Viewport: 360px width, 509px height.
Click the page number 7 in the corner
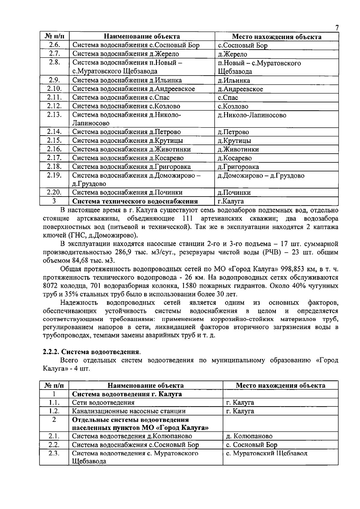337,28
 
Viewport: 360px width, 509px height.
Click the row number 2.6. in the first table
55,45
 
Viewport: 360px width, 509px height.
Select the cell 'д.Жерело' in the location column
232,54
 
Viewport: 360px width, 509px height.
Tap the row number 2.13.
55,115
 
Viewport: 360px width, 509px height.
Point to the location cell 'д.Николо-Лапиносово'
252,115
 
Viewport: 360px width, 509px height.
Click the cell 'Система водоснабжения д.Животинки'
131,149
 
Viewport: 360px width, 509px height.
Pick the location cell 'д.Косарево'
235,158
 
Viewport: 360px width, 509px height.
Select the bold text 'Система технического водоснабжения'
135,201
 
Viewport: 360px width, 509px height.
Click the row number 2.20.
55,192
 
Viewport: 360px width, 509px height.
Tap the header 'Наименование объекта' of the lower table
145,385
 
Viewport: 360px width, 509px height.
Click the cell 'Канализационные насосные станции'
129,411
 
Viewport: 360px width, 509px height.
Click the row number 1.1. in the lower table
54,402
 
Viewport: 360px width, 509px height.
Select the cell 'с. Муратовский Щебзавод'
266,453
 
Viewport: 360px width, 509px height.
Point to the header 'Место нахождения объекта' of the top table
277,37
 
